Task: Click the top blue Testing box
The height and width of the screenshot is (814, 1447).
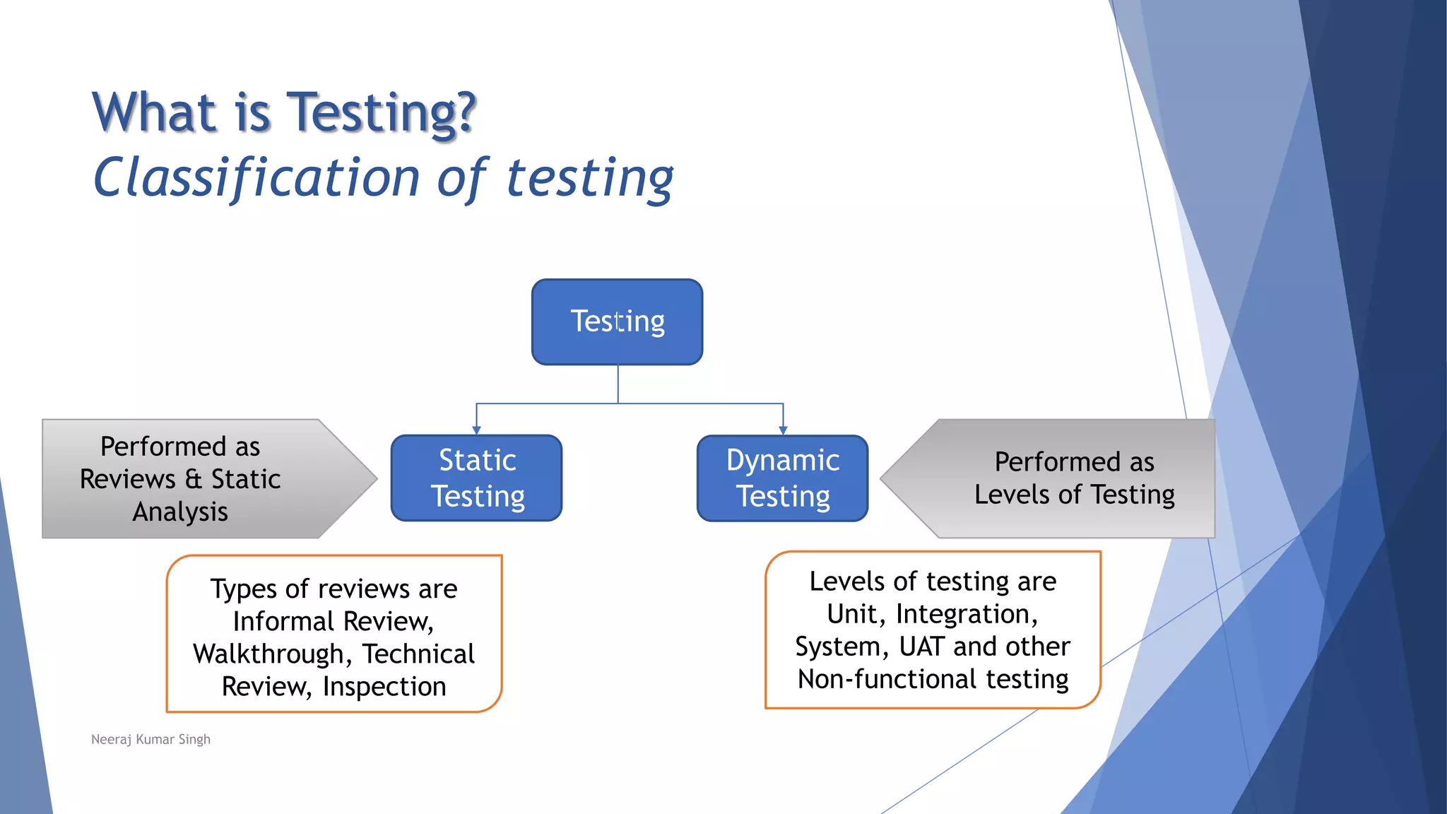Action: click(x=617, y=322)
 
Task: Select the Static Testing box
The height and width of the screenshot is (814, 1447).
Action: click(x=477, y=478)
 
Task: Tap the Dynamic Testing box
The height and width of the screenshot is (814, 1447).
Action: click(x=782, y=478)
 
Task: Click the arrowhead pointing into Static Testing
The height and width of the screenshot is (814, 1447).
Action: click(x=476, y=430)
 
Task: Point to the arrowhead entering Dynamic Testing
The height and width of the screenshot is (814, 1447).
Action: click(x=783, y=430)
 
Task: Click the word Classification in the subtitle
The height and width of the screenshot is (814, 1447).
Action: click(x=256, y=177)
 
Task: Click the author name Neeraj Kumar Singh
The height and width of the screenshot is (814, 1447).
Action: click(x=150, y=739)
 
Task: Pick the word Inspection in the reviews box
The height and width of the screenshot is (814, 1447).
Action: click(x=384, y=687)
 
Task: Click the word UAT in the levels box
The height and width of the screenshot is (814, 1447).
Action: click(x=921, y=647)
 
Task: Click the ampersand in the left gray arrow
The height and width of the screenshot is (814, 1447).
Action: click(x=194, y=479)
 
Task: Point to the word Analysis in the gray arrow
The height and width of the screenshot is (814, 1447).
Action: click(x=180, y=512)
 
